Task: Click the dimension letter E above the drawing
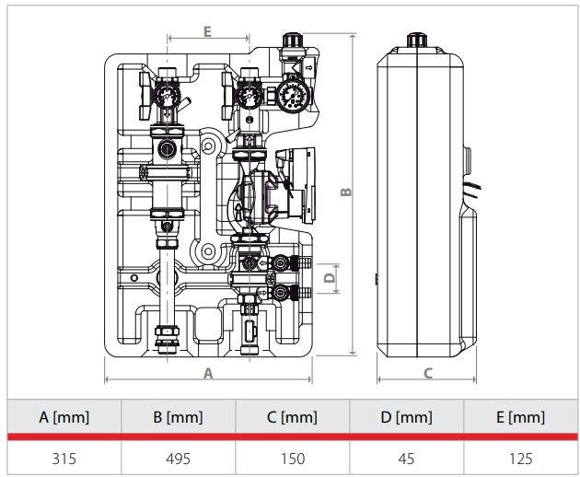(x=207, y=31)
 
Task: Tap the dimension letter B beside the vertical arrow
(x=346, y=192)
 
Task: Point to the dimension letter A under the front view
(x=208, y=374)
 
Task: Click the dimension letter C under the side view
(x=428, y=373)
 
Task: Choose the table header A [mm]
(x=64, y=417)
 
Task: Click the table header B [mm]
(x=178, y=417)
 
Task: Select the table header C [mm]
(x=292, y=417)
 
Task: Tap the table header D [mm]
(x=406, y=417)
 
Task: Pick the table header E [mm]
(x=520, y=417)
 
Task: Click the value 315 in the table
(x=64, y=458)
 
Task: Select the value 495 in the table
(x=178, y=458)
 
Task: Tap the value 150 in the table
(x=292, y=458)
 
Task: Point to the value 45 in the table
(x=406, y=458)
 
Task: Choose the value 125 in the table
(x=520, y=458)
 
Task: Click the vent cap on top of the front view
(x=293, y=41)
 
